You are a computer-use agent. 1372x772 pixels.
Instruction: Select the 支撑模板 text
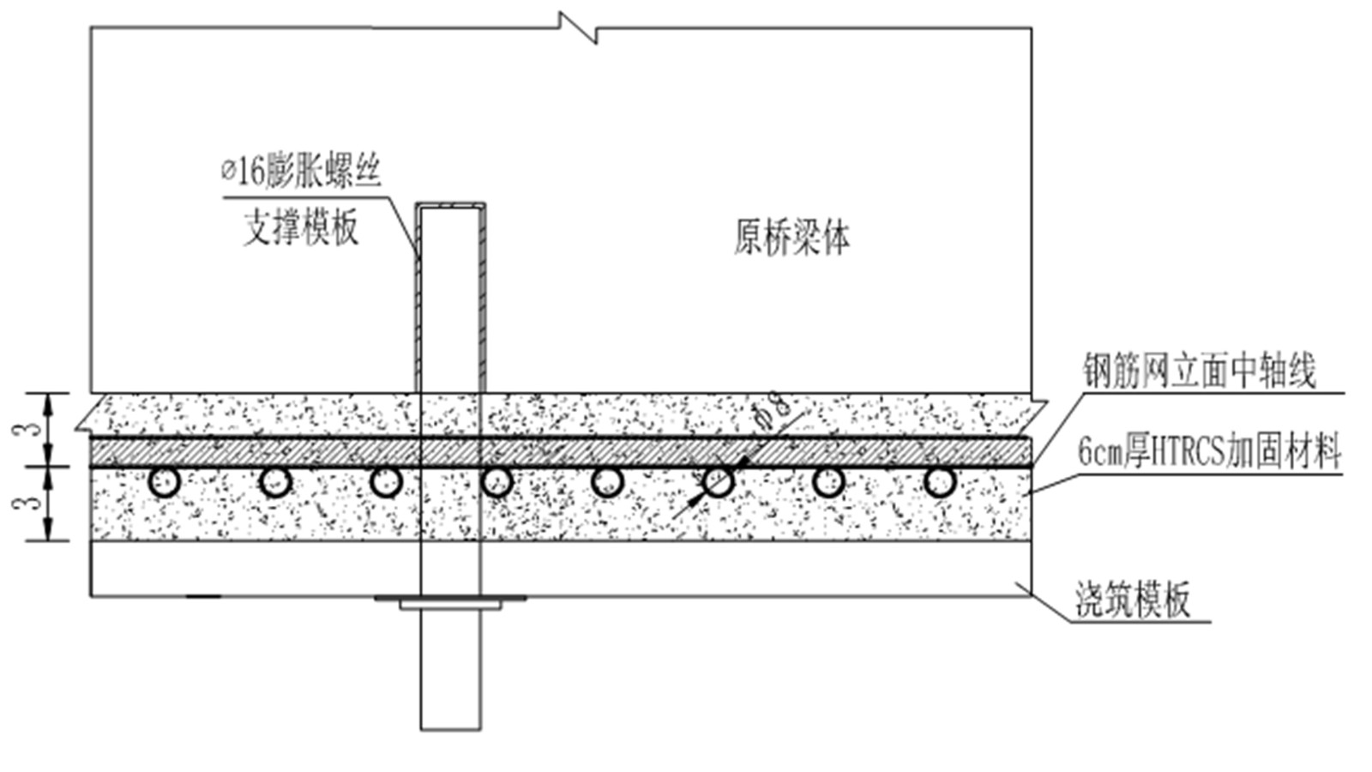point(301,228)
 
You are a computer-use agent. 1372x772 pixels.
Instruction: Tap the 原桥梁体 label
point(791,237)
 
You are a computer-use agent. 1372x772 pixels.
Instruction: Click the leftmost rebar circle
point(164,482)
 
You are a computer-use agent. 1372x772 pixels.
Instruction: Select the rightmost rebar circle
point(940,482)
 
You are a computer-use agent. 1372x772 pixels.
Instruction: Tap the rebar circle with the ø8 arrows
point(718,482)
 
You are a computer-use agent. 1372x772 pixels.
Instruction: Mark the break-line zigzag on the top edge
point(578,27)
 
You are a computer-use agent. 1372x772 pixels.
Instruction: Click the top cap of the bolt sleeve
point(450,206)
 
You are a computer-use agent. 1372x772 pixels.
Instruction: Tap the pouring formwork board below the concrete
point(686,568)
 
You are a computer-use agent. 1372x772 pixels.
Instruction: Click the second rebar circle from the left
point(275,482)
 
